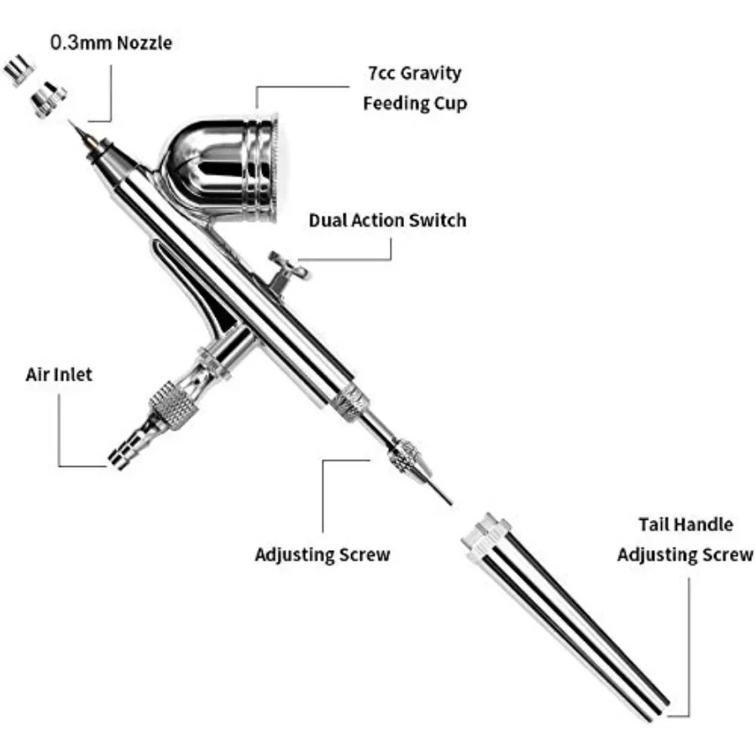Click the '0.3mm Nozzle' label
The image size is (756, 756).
pos(111,42)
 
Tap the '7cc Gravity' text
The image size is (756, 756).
pos(414,73)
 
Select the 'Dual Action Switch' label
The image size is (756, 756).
pos(387,221)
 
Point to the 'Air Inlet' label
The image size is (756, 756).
pos(59,375)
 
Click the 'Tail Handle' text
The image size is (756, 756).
pos(685,525)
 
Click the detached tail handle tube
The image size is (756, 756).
pos(580,622)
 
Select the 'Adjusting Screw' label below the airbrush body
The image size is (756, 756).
pos(323,555)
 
